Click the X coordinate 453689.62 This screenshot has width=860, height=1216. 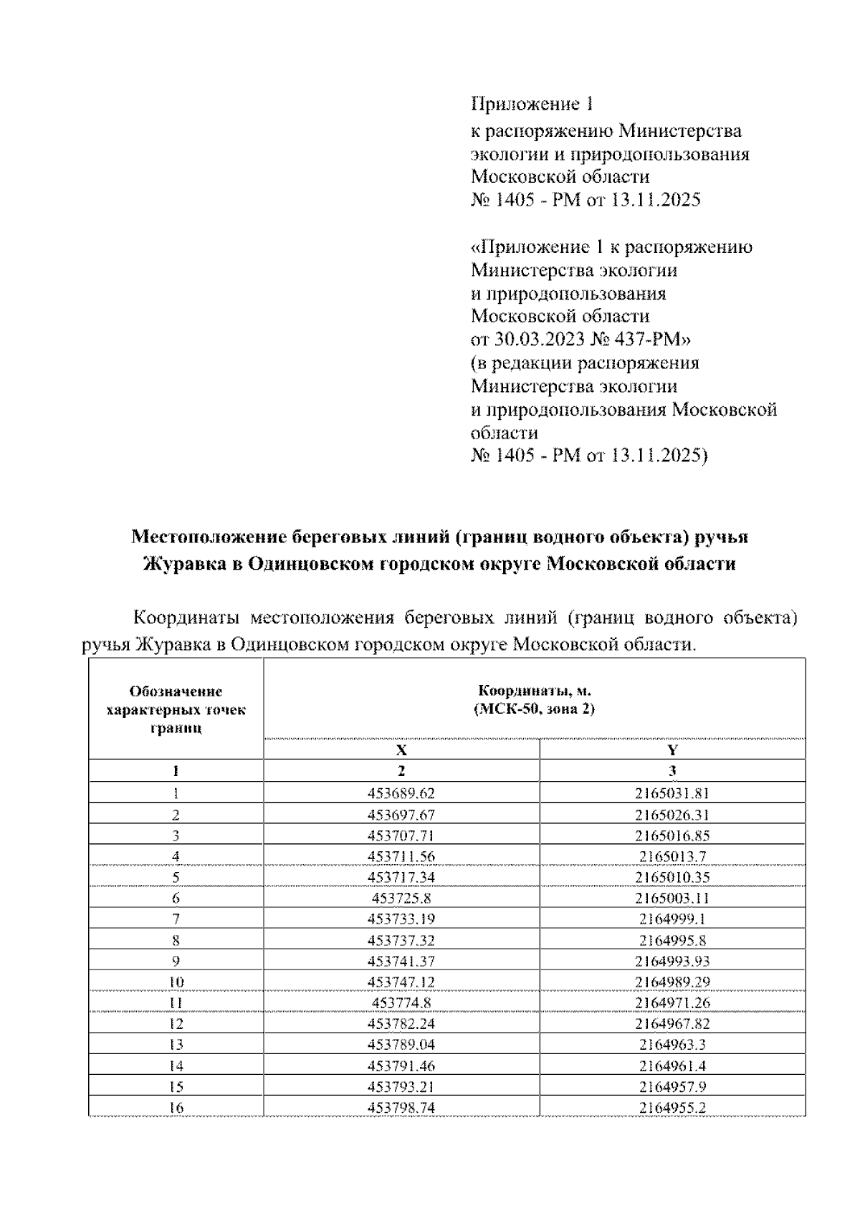click(401, 793)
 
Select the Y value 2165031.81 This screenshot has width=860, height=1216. click(672, 793)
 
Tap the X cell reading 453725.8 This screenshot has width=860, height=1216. click(401, 898)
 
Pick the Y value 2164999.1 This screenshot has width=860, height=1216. click(672, 919)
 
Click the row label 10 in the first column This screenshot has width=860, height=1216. click(176, 982)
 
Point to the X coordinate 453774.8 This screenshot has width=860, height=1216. click(401, 1002)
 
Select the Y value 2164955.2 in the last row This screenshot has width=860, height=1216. click(672, 1107)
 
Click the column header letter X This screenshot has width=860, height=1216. click(401, 750)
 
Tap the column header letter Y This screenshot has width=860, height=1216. click(672, 750)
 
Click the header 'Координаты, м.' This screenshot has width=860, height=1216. click(534, 691)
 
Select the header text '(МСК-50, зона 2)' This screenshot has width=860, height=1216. click(534, 709)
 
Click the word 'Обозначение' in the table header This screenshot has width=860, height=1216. click(176, 691)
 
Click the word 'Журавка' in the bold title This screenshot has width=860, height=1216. click(183, 564)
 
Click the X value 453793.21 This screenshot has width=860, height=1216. click(401, 1086)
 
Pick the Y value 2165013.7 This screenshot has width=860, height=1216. click(672, 856)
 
